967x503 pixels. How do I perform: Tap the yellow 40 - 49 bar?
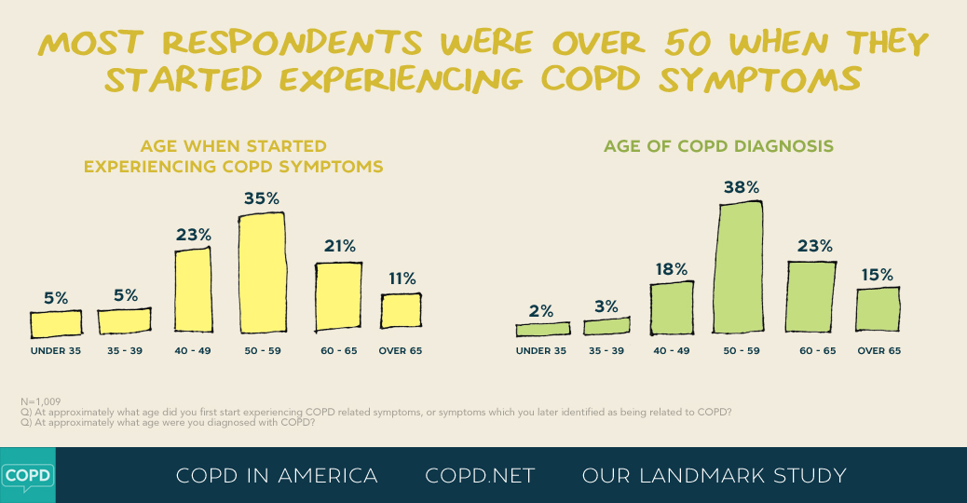[x=193, y=289]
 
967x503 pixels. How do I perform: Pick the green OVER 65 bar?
[x=878, y=309]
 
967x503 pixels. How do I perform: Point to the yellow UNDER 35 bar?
[x=56, y=323]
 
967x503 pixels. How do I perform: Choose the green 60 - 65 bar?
[x=810, y=296]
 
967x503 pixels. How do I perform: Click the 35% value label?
[x=262, y=198]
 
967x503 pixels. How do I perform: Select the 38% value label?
[x=742, y=187]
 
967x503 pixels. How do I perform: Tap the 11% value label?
[x=402, y=278]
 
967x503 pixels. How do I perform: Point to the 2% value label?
[x=541, y=311]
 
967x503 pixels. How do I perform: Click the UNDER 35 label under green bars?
[x=540, y=351]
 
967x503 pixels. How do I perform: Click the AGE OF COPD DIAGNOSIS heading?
[x=718, y=146]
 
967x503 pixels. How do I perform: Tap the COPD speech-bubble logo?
[x=27, y=475]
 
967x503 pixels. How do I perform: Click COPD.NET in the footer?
[x=480, y=476]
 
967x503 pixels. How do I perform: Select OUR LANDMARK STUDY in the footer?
[x=714, y=476]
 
